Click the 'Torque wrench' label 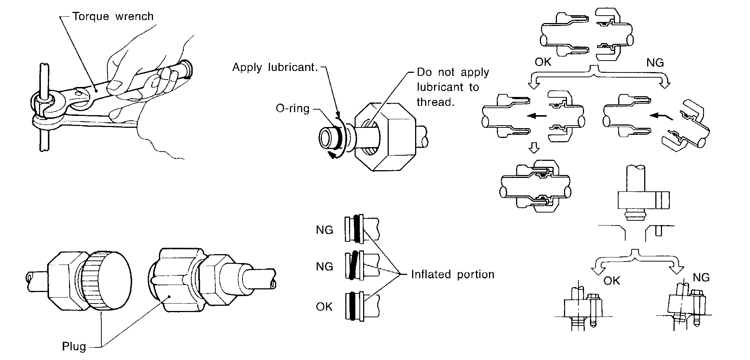click(112, 17)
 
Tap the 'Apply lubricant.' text click(275, 67)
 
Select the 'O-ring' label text click(293, 108)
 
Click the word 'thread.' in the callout click(436, 102)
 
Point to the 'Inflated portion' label click(453, 275)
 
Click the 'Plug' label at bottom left click(74, 347)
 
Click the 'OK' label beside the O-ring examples click(324, 307)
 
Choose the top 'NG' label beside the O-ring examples click(324, 230)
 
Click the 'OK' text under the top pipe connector click(543, 62)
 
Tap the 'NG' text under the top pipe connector click(655, 63)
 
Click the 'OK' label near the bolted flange click(612, 280)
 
